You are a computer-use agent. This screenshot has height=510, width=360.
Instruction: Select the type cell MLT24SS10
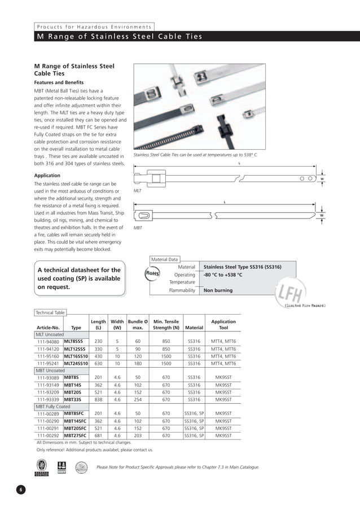click(x=76, y=363)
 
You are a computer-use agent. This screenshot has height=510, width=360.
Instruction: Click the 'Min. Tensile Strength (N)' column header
click(x=166, y=324)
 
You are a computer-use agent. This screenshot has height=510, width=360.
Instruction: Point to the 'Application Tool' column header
click(x=223, y=324)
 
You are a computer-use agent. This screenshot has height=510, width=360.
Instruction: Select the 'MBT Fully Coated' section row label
click(x=53, y=406)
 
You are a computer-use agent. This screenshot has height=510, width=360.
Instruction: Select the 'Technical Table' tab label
click(x=50, y=312)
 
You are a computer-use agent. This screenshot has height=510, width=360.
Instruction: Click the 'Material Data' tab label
click(x=164, y=259)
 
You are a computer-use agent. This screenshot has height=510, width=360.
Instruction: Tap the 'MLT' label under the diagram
click(x=137, y=191)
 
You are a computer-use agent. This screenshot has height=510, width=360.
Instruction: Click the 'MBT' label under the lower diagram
click(x=137, y=228)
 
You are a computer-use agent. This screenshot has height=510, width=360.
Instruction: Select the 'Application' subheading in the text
click(x=47, y=176)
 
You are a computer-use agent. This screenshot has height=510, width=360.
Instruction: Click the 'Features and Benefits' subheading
click(x=59, y=82)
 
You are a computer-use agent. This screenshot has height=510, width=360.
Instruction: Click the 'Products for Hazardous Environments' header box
click(x=94, y=27)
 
